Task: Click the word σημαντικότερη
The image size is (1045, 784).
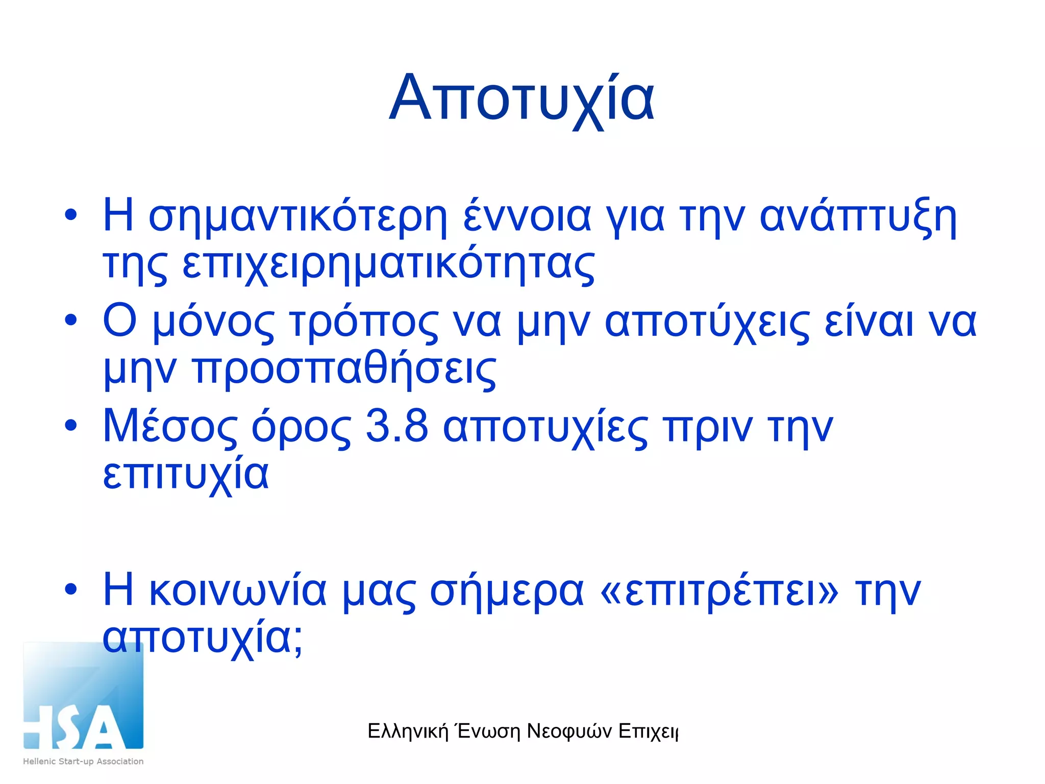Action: point(297,217)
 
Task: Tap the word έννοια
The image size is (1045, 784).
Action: point(527,216)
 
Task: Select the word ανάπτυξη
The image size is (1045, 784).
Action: point(858,217)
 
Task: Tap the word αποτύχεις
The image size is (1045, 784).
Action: point(707,323)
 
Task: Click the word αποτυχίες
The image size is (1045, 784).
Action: point(545,428)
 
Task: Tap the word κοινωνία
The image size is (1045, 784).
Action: point(238,591)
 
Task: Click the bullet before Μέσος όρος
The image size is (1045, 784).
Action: point(71,425)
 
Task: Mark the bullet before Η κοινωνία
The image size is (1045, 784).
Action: point(71,589)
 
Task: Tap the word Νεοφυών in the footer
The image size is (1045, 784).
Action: point(569,731)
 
